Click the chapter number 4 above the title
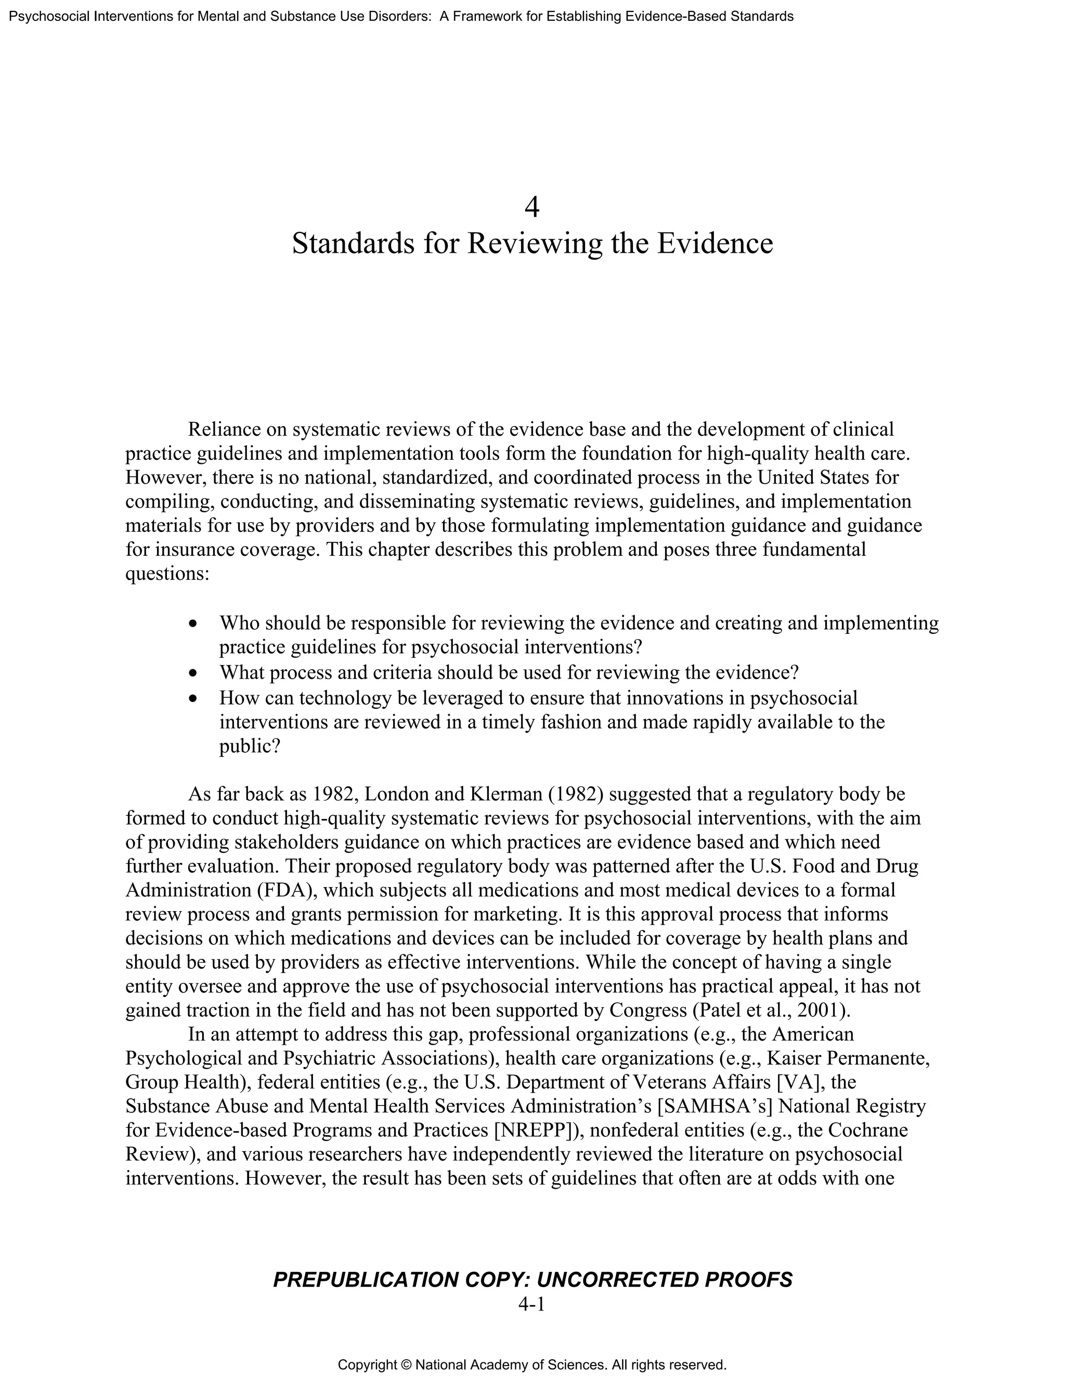click(532, 207)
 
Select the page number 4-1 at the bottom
click(531, 1304)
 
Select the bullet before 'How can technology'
click(193, 698)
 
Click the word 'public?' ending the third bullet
click(249, 746)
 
